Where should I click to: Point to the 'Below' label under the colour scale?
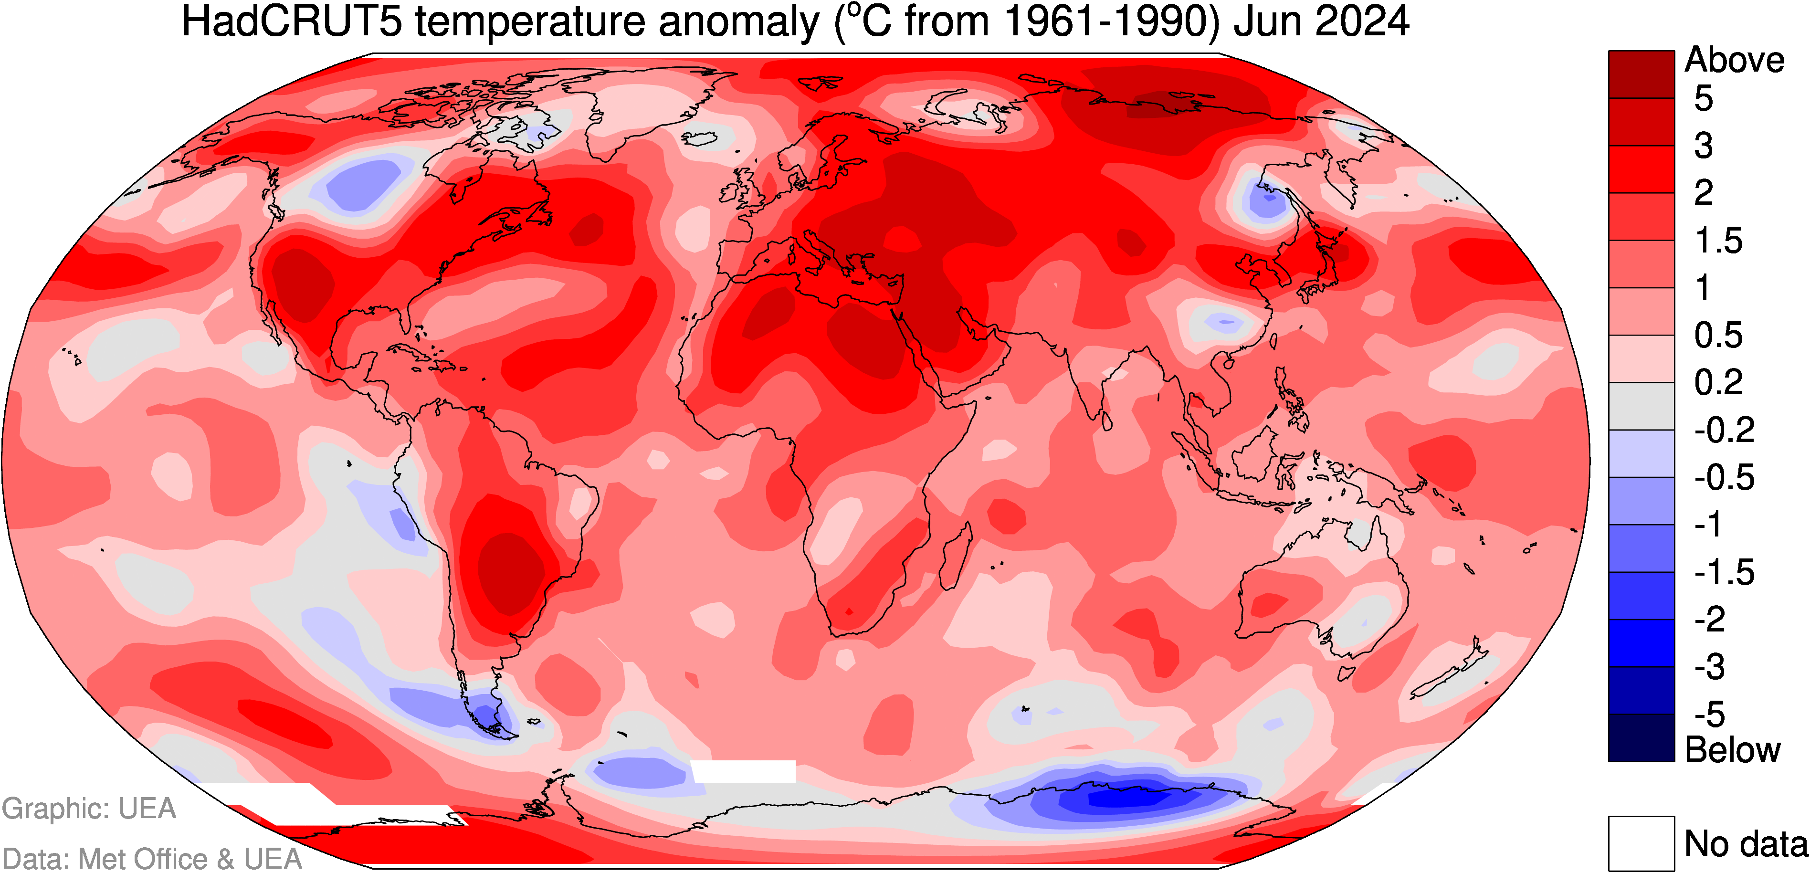1733,750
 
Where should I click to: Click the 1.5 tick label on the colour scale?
1719,241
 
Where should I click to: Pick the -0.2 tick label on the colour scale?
1724,430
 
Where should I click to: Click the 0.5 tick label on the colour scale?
1719,335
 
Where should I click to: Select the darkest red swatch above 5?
1642,74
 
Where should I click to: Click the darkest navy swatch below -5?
1642,738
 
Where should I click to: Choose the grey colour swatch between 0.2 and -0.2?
1642,406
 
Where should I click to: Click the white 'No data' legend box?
1642,843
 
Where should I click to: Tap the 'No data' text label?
1746,843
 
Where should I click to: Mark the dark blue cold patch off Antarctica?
1131,797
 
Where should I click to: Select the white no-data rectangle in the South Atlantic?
743,771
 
